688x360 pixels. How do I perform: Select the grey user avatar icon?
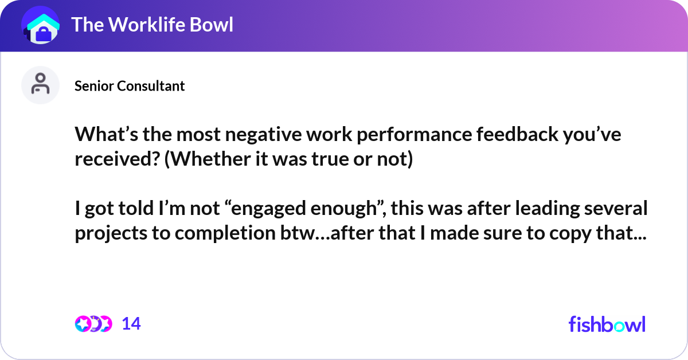click(x=40, y=85)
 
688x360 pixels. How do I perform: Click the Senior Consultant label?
click(x=130, y=86)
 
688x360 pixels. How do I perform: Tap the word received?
click(x=117, y=159)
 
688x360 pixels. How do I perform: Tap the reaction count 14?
click(x=131, y=324)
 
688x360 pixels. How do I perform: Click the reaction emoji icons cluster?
click(x=93, y=324)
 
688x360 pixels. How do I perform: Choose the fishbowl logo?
click(x=607, y=324)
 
